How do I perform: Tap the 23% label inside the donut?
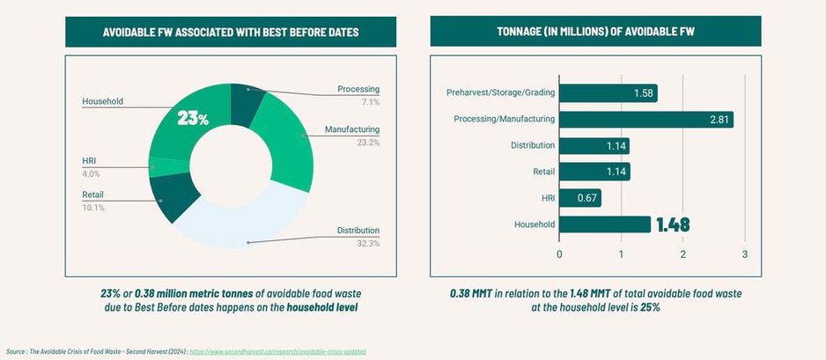(x=193, y=118)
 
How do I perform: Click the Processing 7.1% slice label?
(x=358, y=95)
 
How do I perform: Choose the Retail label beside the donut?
(x=93, y=195)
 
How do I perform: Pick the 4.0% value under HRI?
(x=92, y=174)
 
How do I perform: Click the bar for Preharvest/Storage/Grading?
(x=608, y=93)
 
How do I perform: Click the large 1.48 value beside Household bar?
(x=673, y=224)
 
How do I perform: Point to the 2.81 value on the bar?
(x=719, y=120)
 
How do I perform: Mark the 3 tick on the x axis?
(x=745, y=255)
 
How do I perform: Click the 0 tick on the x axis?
(x=559, y=255)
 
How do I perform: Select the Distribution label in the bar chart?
(x=533, y=145)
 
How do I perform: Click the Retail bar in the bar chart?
(x=594, y=172)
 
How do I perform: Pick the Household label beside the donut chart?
(x=102, y=101)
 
